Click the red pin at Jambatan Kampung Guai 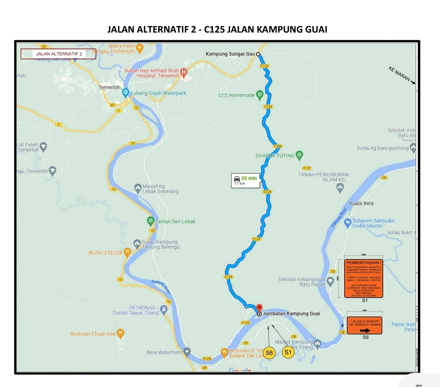[x=259, y=308]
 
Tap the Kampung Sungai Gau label [x=230, y=54]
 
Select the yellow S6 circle [x=269, y=353]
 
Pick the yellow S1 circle [x=288, y=352]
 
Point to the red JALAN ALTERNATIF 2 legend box [x=58, y=54]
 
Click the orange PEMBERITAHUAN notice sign [x=363, y=278]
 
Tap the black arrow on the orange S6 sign [x=365, y=331]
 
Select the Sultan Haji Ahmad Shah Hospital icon [x=184, y=73]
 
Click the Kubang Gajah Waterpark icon [x=125, y=92]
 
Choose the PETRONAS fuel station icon [x=164, y=309]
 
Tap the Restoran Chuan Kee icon [x=120, y=334]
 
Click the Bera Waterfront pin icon [x=187, y=351]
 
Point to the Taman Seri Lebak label [x=176, y=222]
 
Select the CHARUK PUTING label [x=275, y=156]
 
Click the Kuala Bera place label [x=361, y=203]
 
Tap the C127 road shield [x=307, y=168]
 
